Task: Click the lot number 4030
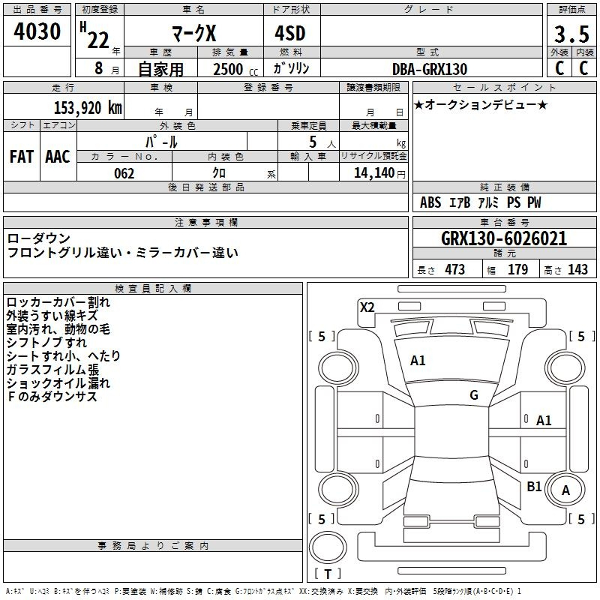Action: pos(37,31)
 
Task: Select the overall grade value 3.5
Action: pos(571,34)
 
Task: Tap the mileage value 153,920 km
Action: pos(88,108)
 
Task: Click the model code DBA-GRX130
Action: pos(430,69)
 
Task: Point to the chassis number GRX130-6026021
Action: pos(504,238)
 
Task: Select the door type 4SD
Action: pos(290,33)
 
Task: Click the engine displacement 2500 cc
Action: pos(235,69)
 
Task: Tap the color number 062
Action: pos(124,173)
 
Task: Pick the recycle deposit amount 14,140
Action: pos(374,173)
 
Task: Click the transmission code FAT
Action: pos(22,157)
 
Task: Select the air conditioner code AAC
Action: pos(58,157)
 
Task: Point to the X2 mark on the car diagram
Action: pos(367,307)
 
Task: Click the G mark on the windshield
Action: pos(474,395)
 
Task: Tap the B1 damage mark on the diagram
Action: pos(534,486)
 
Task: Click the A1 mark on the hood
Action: pos(418,361)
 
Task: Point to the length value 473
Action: pos(455,269)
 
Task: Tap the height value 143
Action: pos(577,269)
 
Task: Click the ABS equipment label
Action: pos(430,202)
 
